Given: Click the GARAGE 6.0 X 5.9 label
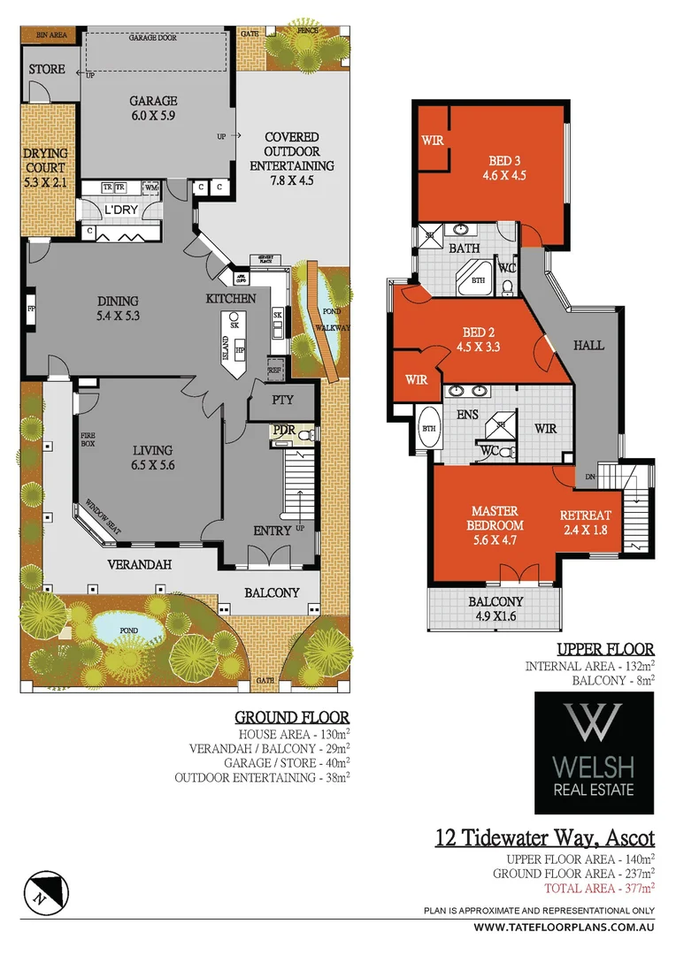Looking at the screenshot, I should coord(154,109).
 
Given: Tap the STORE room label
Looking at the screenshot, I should coord(47,69).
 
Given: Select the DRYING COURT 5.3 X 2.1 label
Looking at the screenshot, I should coord(45,169).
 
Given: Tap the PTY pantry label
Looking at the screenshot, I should coord(282,401).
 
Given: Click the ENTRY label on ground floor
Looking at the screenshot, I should coord(273,531).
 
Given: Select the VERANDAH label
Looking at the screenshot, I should coord(138,563).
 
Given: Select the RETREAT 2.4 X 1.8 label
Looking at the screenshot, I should coord(586,523).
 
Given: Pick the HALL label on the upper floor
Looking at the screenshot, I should coord(589,345).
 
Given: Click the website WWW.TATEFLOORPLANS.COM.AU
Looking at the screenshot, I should coord(564,928).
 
